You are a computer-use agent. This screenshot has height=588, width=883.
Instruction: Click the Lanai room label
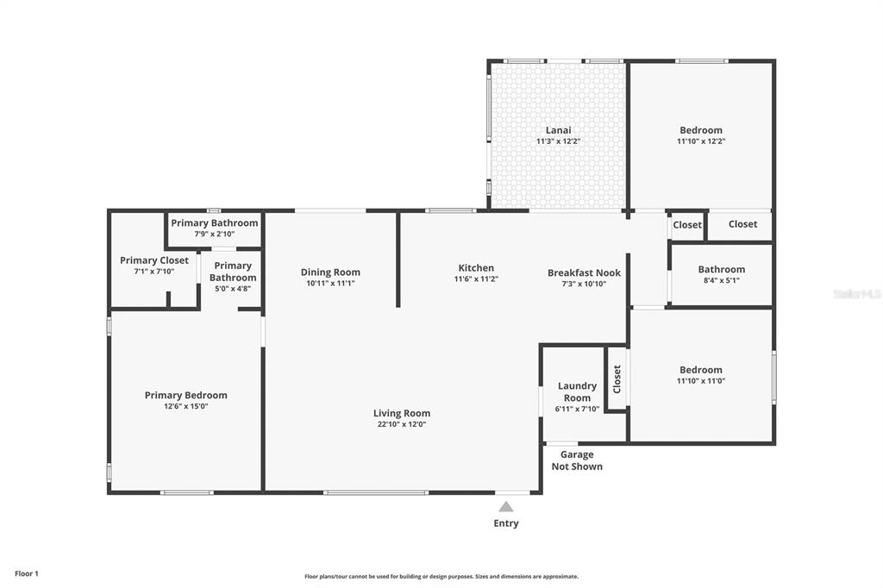(558, 130)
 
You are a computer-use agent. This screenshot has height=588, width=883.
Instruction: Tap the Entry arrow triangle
(506, 507)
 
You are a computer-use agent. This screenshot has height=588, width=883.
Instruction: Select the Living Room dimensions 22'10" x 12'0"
(402, 424)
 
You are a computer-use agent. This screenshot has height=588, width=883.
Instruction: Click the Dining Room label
(330, 272)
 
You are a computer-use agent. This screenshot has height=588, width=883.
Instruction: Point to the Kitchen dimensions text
(476, 278)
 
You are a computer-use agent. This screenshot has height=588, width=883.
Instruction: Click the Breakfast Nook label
(584, 272)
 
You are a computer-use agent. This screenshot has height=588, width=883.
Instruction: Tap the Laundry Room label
(577, 391)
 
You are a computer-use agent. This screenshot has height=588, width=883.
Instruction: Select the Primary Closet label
(154, 260)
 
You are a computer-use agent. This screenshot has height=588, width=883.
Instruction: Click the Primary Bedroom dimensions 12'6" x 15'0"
(186, 406)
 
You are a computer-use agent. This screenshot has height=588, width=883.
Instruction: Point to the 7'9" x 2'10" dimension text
(215, 234)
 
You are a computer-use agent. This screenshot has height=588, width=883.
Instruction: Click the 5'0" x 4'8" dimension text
(233, 288)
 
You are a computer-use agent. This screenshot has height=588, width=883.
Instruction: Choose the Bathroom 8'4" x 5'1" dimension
(722, 280)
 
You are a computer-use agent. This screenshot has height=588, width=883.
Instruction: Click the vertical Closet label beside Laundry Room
(617, 379)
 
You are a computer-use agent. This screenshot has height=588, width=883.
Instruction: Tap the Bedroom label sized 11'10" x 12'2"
(700, 130)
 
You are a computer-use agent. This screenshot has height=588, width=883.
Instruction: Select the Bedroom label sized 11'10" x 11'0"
(700, 370)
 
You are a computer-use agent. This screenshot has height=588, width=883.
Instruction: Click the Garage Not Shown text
(577, 460)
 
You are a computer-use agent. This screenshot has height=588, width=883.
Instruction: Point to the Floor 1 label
(27, 574)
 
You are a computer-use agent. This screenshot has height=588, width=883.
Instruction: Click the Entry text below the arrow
(506, 523)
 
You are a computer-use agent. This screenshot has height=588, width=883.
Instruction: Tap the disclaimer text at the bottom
(441, 577)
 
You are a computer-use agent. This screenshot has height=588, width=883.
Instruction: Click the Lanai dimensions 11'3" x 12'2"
(558, 141)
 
